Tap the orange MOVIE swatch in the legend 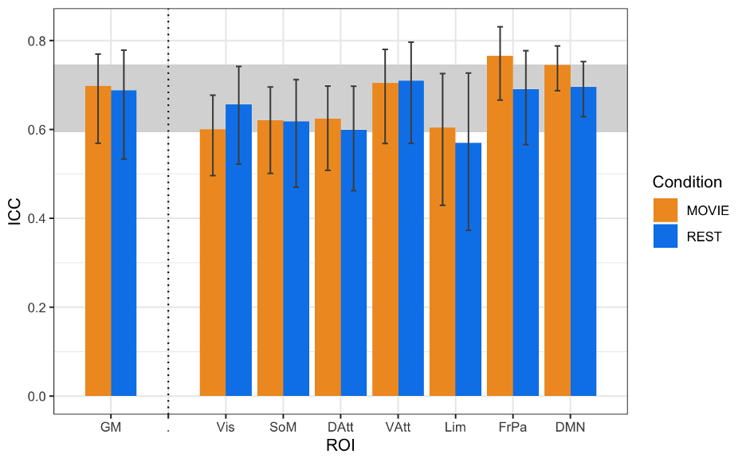point(666,210)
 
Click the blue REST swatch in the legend point(666,236)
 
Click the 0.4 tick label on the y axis point(37,218)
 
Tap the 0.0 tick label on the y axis point(37,396)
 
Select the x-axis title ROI point(340,446)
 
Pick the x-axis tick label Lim point(455,428)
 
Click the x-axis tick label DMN point(570,428)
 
